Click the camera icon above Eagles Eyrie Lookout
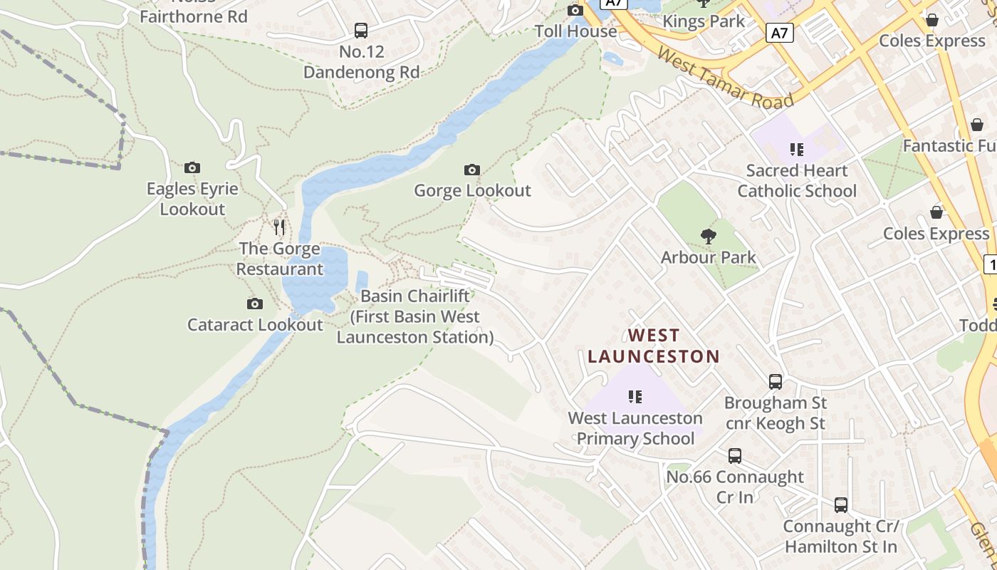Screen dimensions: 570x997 click(x=192, y=168)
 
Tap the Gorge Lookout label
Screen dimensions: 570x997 click(x=472, y=190)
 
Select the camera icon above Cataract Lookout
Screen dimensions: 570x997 click(x=254, y=304)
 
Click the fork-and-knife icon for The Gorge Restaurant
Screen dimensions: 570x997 click(x=279, y=227)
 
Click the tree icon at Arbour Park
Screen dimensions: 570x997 click(x=708, y=237)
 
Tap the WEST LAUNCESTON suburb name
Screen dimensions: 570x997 click(x=654, y=346)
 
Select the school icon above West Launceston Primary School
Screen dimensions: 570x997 click(x=635, y=397)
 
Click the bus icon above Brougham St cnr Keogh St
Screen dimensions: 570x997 click(x=776, y=382)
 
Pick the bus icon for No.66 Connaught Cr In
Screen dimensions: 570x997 click(x=734, y=456)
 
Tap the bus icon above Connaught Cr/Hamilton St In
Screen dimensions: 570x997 click(x=841, y=505)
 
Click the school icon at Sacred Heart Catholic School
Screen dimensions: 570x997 click(x=796, y=150)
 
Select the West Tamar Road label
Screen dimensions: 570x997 click(x=725, y=79)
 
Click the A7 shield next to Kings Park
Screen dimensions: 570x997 click(x=780, y=33)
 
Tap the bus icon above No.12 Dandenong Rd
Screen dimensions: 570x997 click(x=361, y=31)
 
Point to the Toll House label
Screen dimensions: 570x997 click(x=576, y=31)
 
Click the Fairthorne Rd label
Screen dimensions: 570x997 click(x=193, y=16)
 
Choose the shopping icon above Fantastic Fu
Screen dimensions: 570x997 click(x=977, y=125)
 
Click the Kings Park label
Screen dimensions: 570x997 click(x=704, y=21)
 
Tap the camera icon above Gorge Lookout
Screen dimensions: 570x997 click(x=471, y=170)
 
